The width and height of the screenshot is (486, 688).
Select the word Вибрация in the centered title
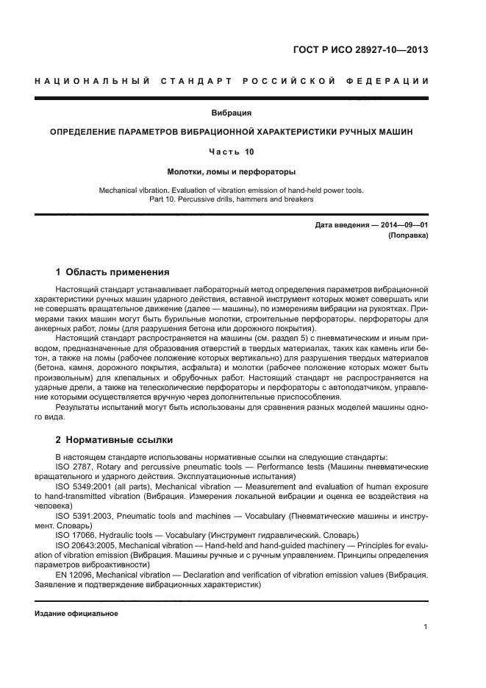pos(231,113)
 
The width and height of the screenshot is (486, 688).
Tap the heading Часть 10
pos(231,151)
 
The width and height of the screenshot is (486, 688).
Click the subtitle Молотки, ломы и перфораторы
pos(231,170)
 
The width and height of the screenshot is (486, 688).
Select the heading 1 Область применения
pos(112,271)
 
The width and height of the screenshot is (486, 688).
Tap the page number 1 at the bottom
pos(426,626)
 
